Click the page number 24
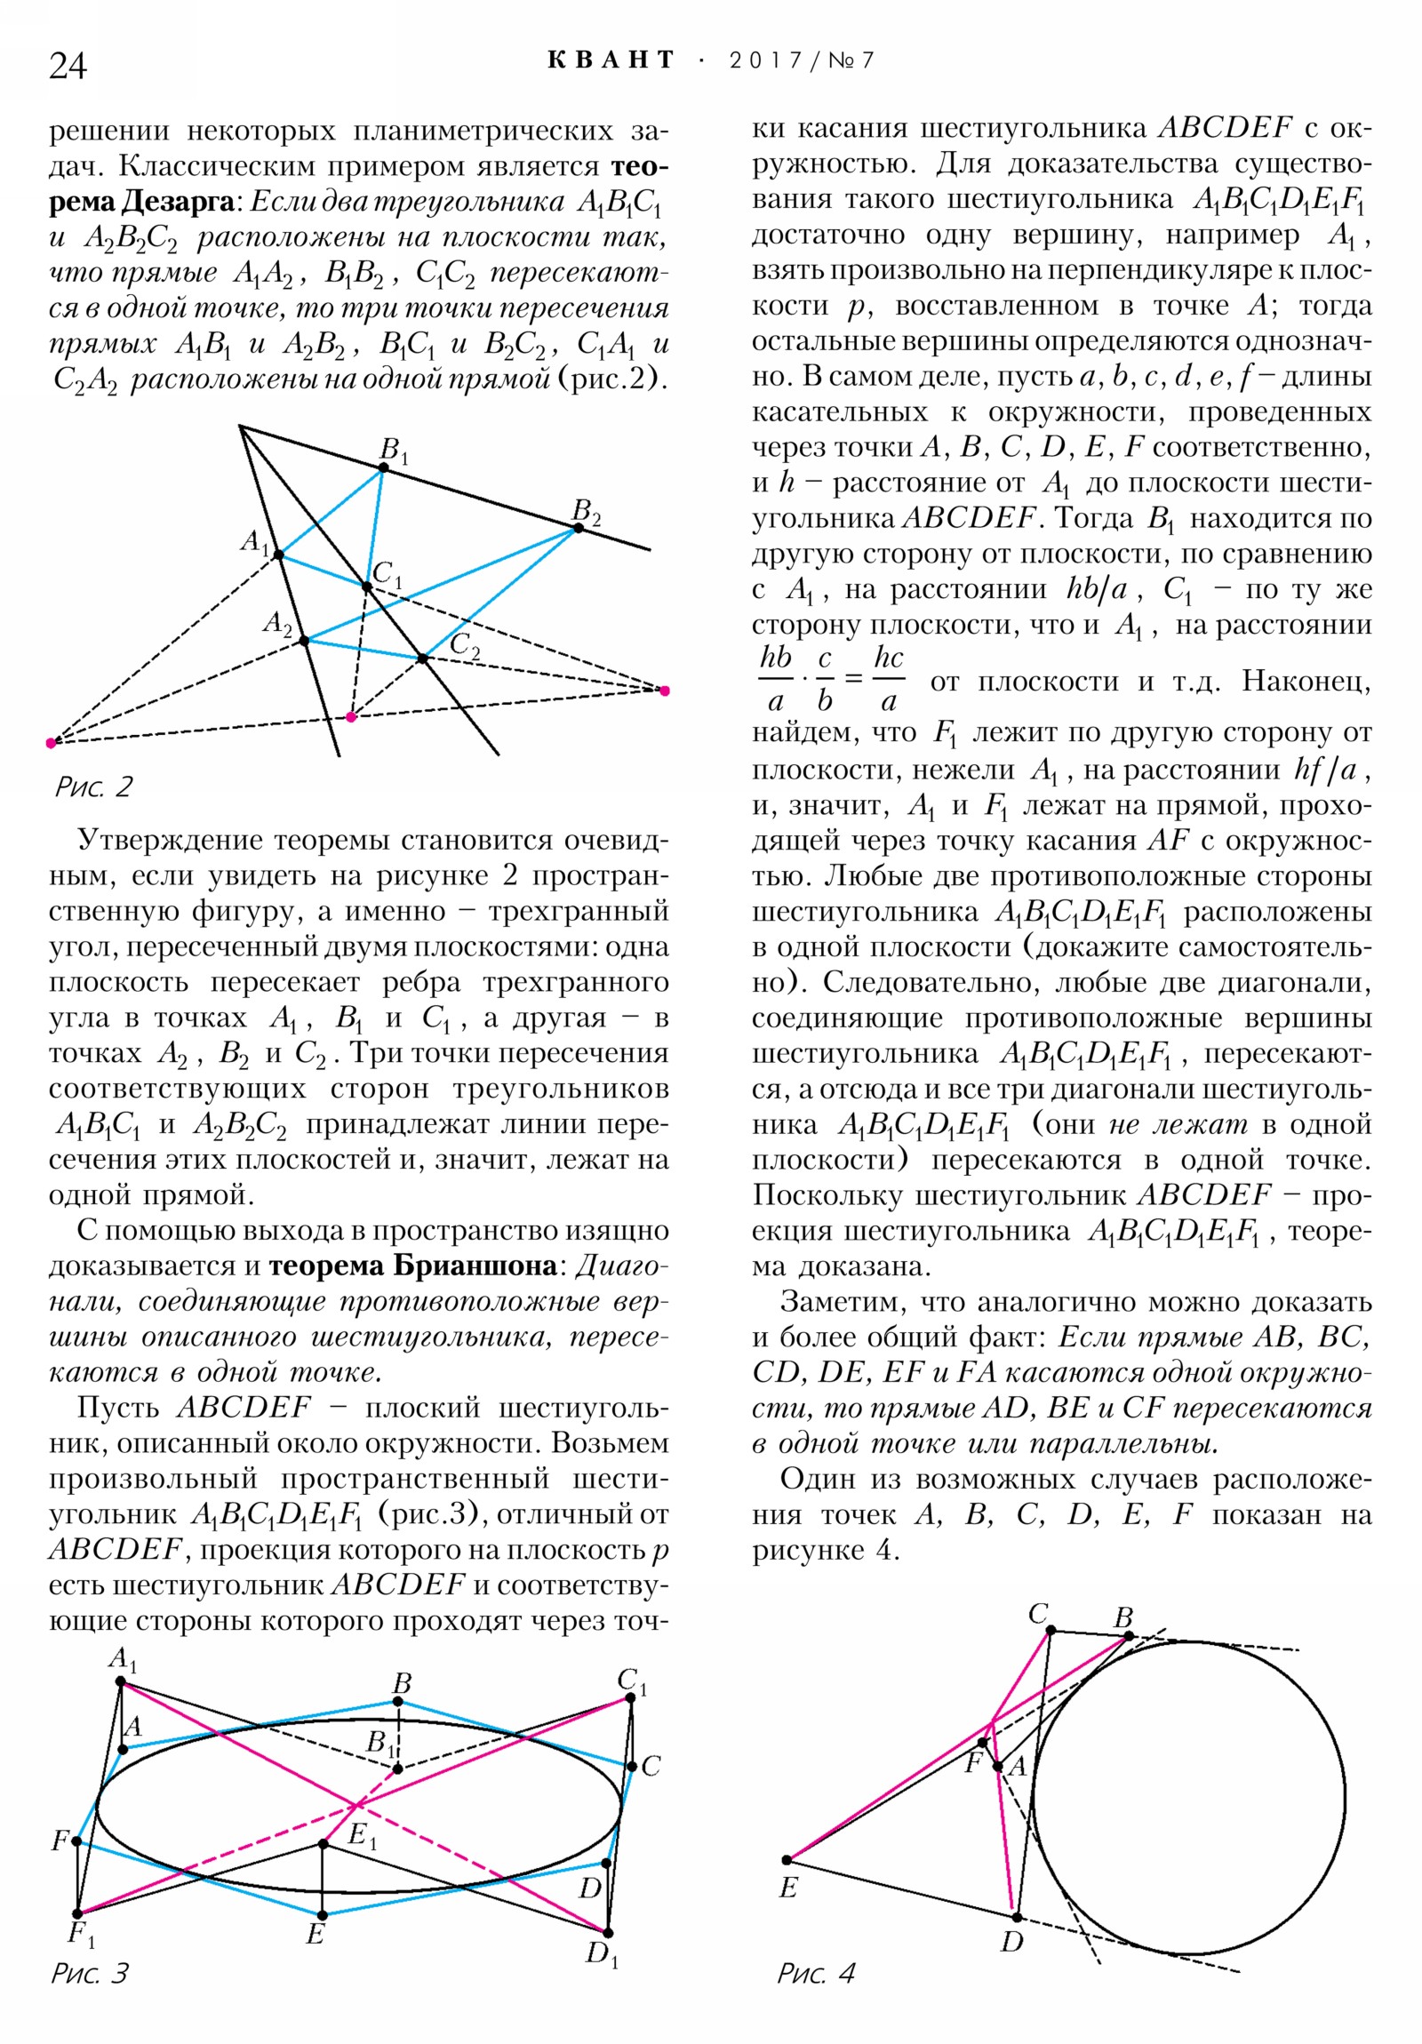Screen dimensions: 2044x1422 click(68, 66)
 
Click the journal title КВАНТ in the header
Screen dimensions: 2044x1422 click(611, 60)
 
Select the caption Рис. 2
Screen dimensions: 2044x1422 click(93, 787)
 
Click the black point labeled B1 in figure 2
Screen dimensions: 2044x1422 click(384, 467)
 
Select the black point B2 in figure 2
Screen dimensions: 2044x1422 click(579, 528)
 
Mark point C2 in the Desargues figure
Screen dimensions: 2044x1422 click(423, 659)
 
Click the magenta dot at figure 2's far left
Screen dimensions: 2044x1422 click(51, 742)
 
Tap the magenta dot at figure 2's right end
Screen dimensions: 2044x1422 click(664, 691)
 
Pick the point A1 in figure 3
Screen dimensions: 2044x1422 click(120, 1681)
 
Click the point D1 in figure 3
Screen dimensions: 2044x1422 click(608, 1933)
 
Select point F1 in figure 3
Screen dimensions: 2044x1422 click(77, 1913)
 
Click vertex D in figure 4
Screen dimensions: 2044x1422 click(1017, 1917)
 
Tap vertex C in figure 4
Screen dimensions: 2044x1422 click(1051, 1631)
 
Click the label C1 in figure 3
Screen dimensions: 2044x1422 click(632, 1681)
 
